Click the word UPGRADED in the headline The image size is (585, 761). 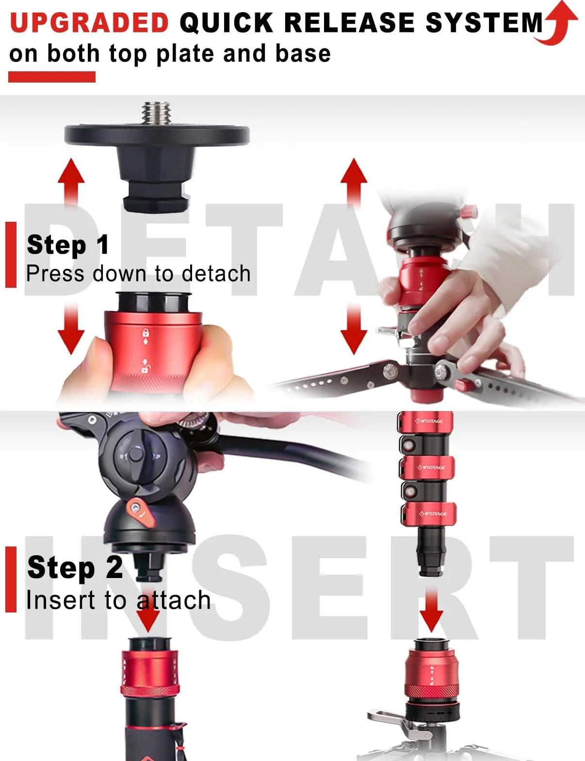pos(90,23)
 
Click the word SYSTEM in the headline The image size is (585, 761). pos(484,23)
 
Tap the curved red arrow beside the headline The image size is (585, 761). pos(557,23)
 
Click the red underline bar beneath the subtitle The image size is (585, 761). pos(52,77)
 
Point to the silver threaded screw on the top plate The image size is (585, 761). pos(156,113)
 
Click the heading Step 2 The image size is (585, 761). pos(75,567)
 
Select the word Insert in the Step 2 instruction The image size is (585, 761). pos(61,600)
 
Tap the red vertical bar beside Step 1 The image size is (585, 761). pos(11,255)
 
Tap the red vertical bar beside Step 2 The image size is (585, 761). pos(11,579)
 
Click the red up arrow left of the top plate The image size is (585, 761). pos(71,181)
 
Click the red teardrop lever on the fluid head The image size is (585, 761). pos(141,513)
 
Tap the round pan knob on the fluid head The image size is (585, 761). pos(136,455)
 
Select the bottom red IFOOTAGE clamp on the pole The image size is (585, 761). pos(429,514)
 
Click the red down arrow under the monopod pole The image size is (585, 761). pos(431,611)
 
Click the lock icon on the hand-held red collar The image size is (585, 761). pos(146,332)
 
